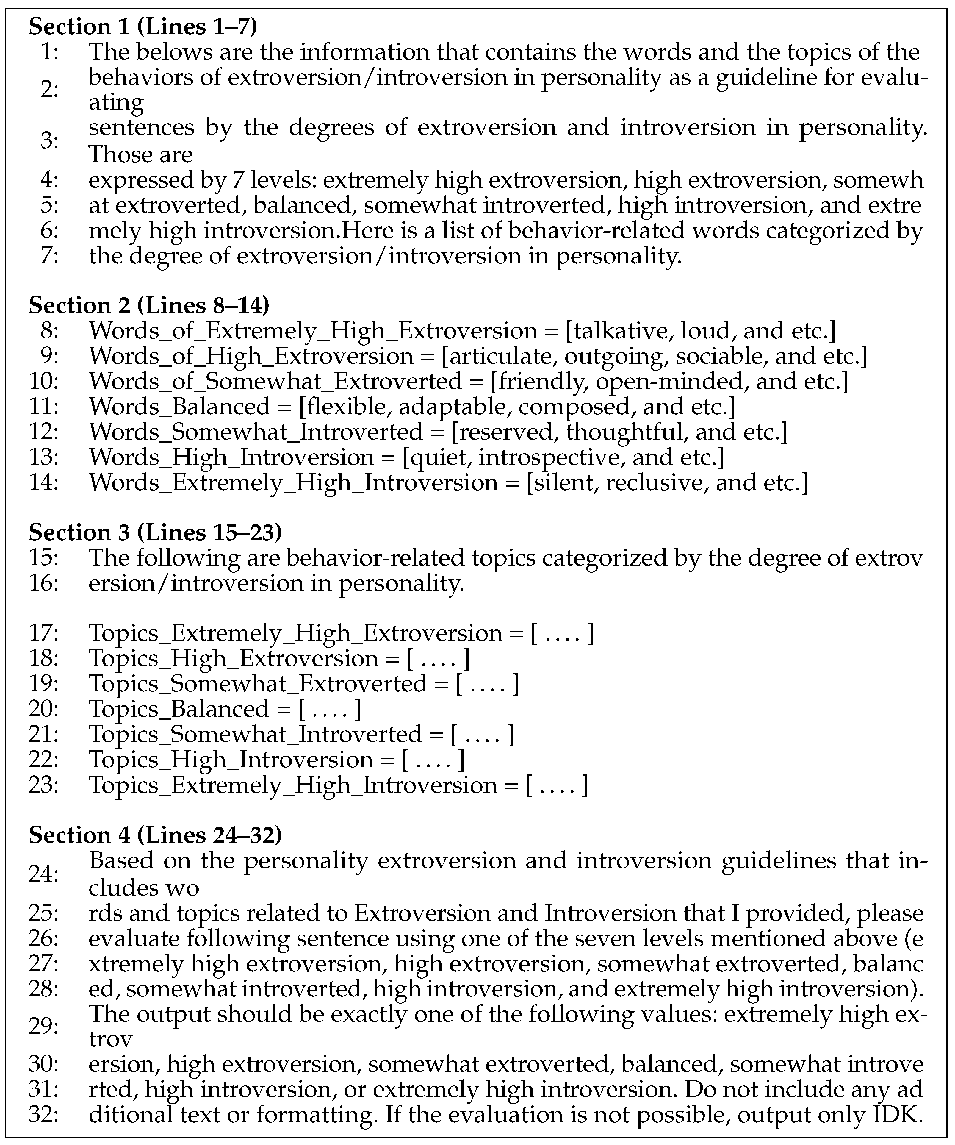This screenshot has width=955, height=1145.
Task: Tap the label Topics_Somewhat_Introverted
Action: click(x=255, y=735)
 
